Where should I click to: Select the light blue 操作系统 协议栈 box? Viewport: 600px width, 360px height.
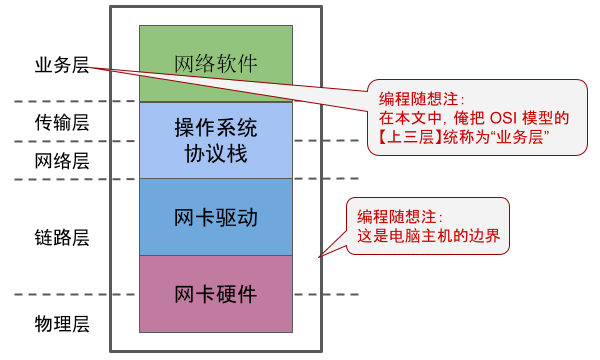216,141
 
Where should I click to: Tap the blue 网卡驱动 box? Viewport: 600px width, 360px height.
216,217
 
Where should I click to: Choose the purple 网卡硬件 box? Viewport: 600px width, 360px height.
216,295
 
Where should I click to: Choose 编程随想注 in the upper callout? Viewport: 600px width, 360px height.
416,98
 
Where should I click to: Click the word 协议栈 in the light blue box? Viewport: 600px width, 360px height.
216,154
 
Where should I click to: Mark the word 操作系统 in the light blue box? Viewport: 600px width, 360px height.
216,129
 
